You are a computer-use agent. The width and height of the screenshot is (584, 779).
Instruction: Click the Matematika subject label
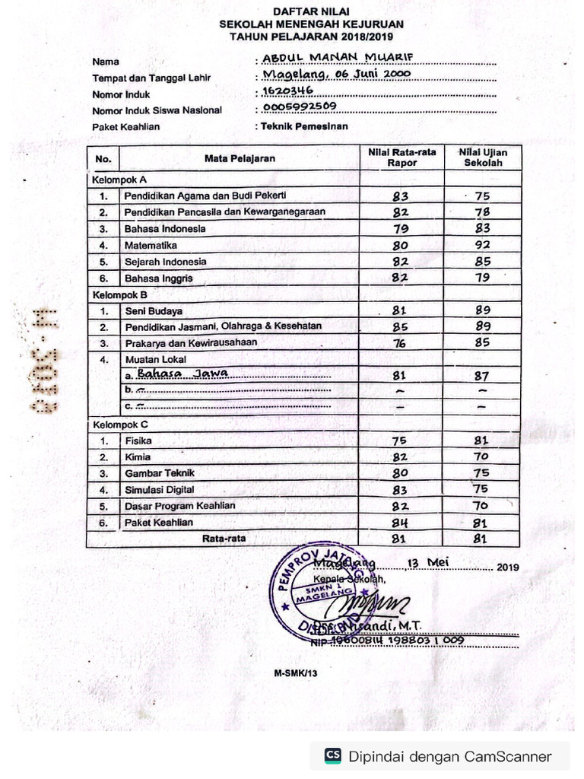point(151,246)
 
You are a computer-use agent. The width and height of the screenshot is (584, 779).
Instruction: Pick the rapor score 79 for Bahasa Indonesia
point(401,229)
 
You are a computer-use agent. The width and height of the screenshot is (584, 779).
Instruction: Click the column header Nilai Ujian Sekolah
point(482,157)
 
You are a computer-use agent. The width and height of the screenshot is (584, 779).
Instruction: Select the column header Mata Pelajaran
point(240,158)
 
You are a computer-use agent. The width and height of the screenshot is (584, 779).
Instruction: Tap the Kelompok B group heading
point(119,294)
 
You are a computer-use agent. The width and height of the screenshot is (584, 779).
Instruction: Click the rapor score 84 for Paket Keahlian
point(400,523)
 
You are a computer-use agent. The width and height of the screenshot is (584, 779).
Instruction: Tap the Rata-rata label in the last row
point(219,539)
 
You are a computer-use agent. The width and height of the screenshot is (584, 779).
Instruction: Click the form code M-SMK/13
point(295,673)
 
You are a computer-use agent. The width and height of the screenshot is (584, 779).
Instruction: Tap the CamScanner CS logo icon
point(333,755)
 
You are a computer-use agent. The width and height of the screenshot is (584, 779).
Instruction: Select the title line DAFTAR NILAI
point(311,13)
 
